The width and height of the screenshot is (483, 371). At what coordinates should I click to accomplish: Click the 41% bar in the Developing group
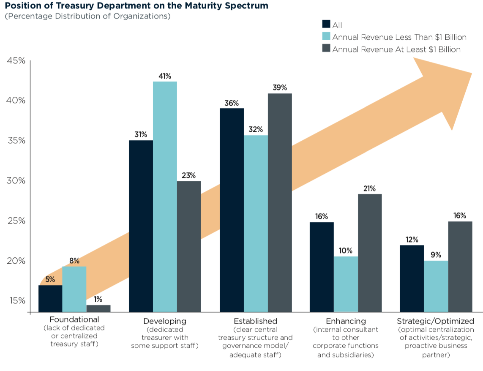pos(165,196)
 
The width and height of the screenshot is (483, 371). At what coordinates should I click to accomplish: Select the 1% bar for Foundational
pos(98,308)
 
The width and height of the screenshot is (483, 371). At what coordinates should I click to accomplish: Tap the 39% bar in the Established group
pos(280,203)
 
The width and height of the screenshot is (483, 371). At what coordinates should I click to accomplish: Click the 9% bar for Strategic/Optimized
pos(436,286)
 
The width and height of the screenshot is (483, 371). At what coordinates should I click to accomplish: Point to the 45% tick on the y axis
pos(16,61)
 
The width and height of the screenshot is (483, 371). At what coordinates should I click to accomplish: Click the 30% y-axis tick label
pos(16,181)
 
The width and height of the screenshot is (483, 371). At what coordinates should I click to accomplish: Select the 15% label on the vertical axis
pos(16,301)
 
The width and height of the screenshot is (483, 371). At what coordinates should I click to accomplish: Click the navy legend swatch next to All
pos(326,25)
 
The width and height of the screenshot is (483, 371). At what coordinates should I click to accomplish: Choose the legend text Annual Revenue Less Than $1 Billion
pos(399,37)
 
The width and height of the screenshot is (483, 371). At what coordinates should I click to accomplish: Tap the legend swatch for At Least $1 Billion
pos(326,49)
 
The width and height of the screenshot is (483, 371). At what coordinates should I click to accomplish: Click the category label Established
pos(255,321)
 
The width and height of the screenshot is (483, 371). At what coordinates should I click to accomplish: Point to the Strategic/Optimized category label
pos(436,321)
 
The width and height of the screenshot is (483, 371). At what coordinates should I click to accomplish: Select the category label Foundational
pos(74,319)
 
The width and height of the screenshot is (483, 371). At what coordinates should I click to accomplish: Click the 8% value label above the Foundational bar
pos(74,261)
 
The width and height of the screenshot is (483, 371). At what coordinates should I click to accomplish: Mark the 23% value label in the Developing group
pos(189,175)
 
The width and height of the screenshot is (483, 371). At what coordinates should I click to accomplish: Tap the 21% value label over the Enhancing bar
pos(370,188)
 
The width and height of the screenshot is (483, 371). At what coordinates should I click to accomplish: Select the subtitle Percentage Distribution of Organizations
pos(87,16)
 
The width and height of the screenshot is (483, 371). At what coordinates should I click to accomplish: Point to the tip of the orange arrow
pos(471,74)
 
